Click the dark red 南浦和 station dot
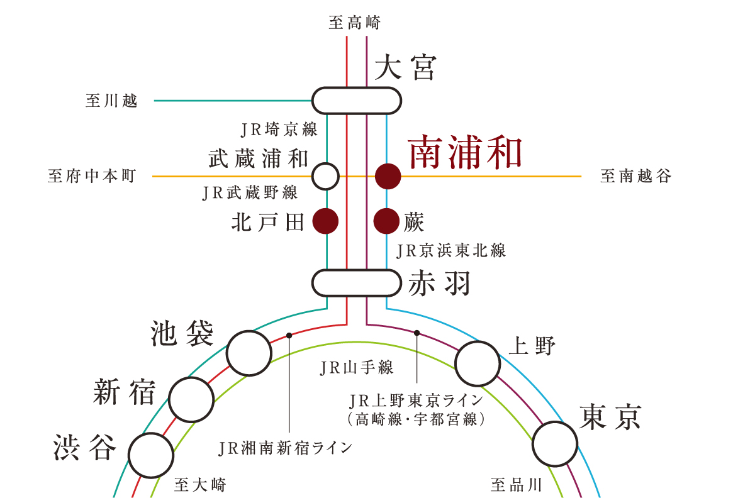[x=388, y=176]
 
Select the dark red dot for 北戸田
[x=326, y=221]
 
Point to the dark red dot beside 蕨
[x=386, y=221]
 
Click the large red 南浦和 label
[x=465, y=152]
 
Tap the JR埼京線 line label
[x=279, y=130]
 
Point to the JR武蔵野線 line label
[x=250, y=192]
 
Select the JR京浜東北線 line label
[x=451, y=251]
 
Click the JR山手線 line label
[x=357, y=368]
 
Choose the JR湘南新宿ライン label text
[x=285, y=448]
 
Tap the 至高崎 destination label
[x=355, y=23]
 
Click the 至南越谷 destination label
[x=635, y=176]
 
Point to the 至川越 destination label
[x=111, y=101]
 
